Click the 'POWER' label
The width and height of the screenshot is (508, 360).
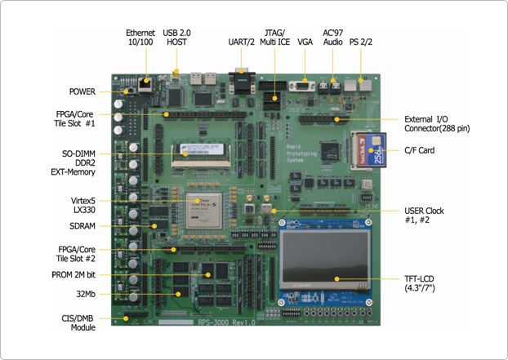pyautogui.click(x=81, y=91)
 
